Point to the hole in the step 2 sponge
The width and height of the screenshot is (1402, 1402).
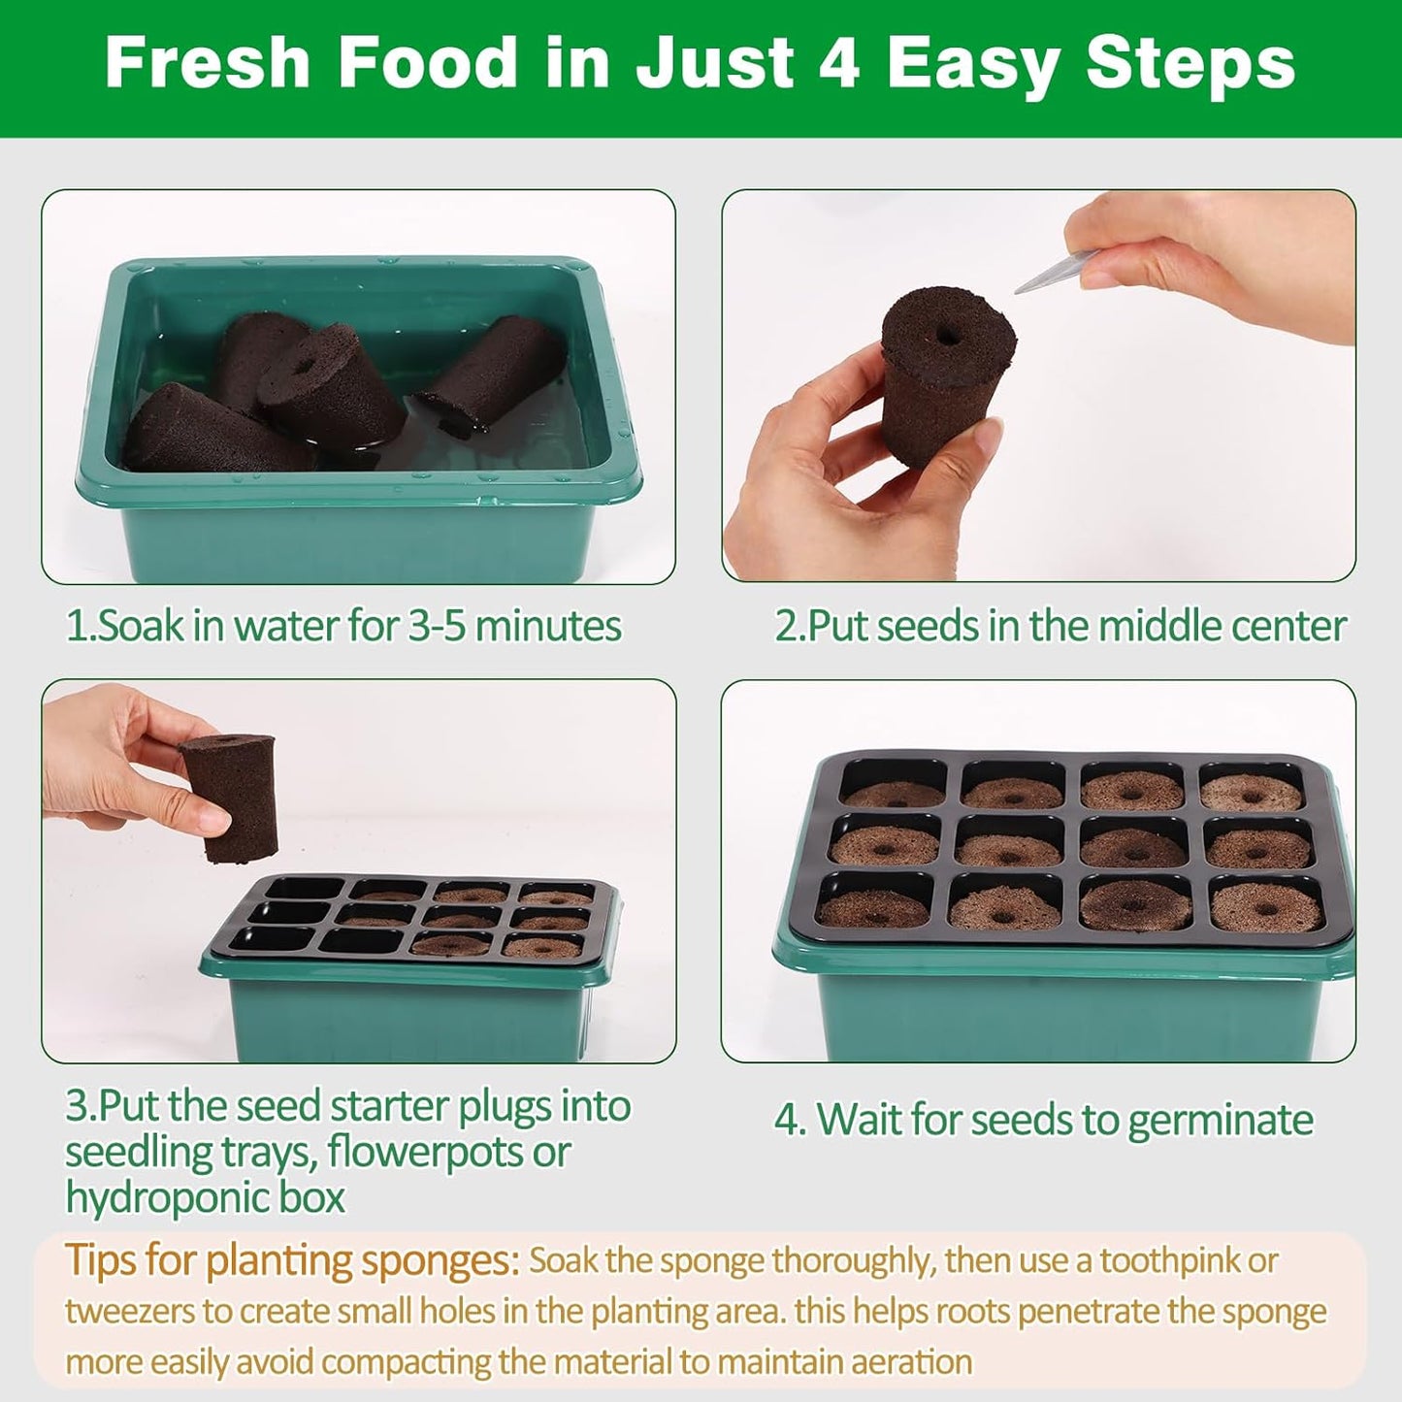(x=948, y=336)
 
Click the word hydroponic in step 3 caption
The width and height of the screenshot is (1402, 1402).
(x=180, y=1196)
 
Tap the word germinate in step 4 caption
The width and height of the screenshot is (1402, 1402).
(x=1221, y=1122)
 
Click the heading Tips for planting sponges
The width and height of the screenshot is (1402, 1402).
(x=292, y=1261)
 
